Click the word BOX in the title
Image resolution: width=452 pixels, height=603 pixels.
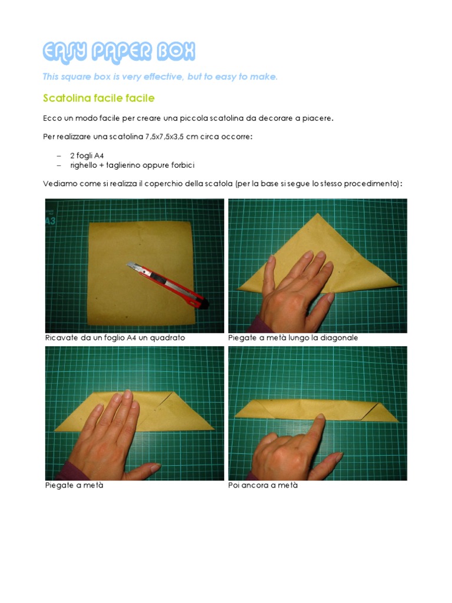(x=176, y=52)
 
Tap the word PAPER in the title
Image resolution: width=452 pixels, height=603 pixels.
(x=122, y=52)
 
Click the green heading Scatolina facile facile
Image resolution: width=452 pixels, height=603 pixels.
(x=99, y=98)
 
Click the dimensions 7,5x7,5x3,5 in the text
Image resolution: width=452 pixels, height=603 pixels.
(x=164, y=137)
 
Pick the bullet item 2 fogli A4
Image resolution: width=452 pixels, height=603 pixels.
(x=87, y=155)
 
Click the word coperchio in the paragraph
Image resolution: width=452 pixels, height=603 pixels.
(x=164, y=184)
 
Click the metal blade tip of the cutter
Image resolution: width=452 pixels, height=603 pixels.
(x=129, y=264)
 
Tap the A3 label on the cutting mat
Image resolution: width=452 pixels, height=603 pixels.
(x=51, y=221)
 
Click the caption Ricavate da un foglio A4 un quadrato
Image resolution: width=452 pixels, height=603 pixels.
(x=115, y=337)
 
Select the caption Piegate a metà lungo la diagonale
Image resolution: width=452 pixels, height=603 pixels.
(x=293, y=337)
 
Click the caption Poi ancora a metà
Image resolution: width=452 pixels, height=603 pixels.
(x=263, y=485)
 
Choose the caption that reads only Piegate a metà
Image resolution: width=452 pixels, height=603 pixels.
(x=74, y=485)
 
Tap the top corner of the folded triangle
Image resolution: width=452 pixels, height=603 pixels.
(x=317, y=213)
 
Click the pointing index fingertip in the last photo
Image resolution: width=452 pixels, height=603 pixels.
(x=321, y=416)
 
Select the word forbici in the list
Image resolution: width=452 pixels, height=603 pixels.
(x=183, y=165)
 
